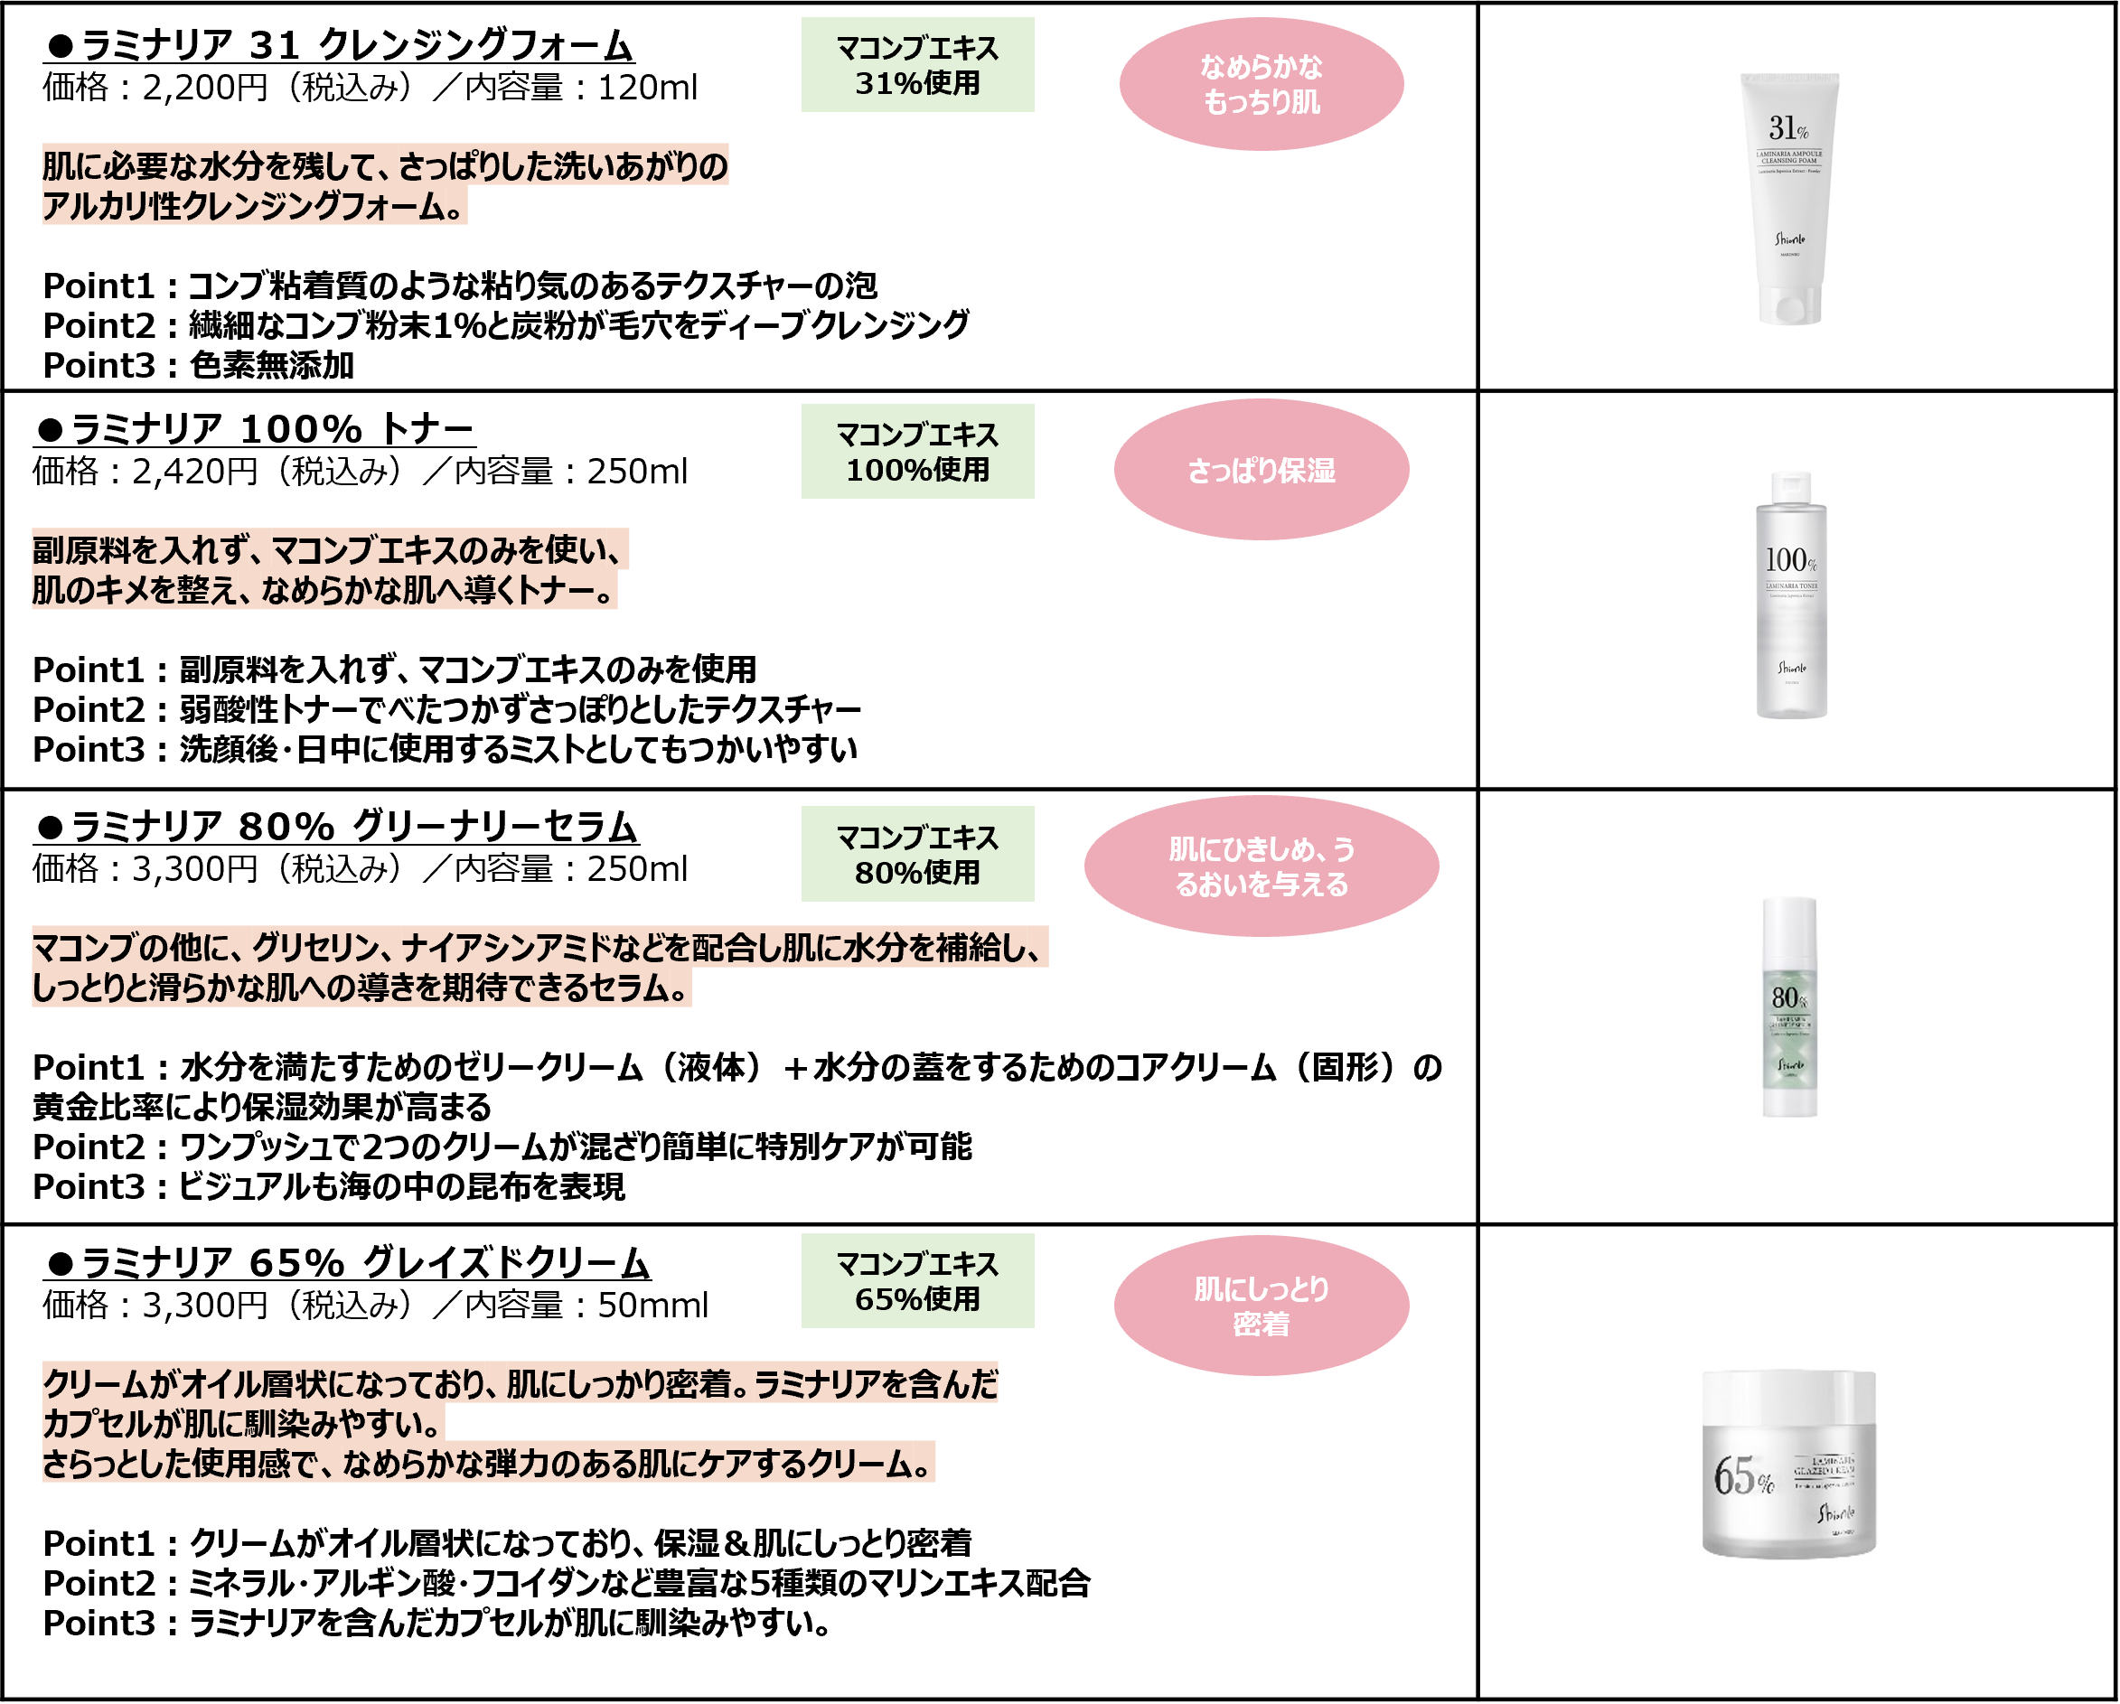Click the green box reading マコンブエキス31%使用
916,65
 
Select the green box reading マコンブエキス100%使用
916,452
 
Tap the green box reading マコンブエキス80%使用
916,854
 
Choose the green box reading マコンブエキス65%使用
916,1280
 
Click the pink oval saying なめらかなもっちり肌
1261,84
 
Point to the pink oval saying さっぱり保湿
1261,470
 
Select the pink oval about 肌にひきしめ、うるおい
1261,866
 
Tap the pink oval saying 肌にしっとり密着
1261,1306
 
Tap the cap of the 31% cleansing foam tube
1789,304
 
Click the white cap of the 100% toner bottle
1790,487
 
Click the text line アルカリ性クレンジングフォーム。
254,207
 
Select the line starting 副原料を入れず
330,549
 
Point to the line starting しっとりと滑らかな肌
361,988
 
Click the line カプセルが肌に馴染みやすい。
243,1424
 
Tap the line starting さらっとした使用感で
488,1463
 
